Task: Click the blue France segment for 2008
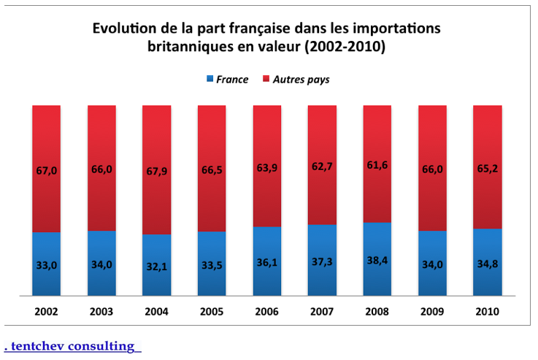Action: (x=377, y=259)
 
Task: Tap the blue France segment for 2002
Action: (x=46, y=264)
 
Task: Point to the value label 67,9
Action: (x=157, y=172)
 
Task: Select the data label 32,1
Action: (x=157, y=267)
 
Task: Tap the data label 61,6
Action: (x=377, y=165)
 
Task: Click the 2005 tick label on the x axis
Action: (x=212, y=311)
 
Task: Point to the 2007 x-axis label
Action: (x=322, y=311)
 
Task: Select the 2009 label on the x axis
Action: (x=432, y=311)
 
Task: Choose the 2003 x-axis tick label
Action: (x=101, y=311)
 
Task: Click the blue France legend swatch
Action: (x=210, y=79)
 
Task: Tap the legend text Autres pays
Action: (x=301, y=79)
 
